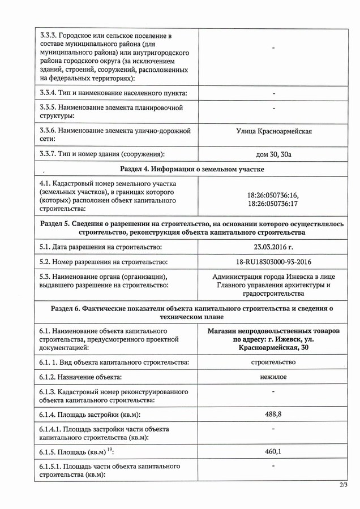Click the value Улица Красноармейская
coord(273,132)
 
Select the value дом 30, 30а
coord(273,154)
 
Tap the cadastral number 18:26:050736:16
coord(273,193)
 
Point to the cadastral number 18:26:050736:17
coord(273,202)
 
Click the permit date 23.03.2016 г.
coord(273,247)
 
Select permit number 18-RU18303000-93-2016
coord(273,262)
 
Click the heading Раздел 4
coord(192,169)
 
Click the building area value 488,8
coord(273,415)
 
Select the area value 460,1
coord(273,452)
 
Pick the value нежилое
coord(273,377)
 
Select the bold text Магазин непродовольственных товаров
coord(273,331)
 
